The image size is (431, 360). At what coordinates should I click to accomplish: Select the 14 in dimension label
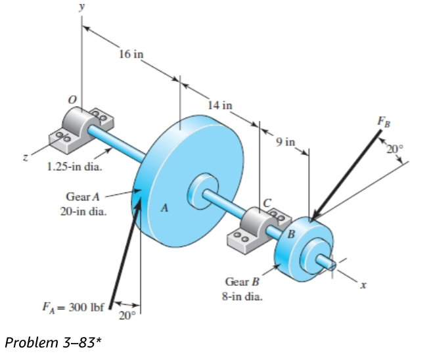[x=219, y=104]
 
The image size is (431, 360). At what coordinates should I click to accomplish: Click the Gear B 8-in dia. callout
[x=243, y=289]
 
